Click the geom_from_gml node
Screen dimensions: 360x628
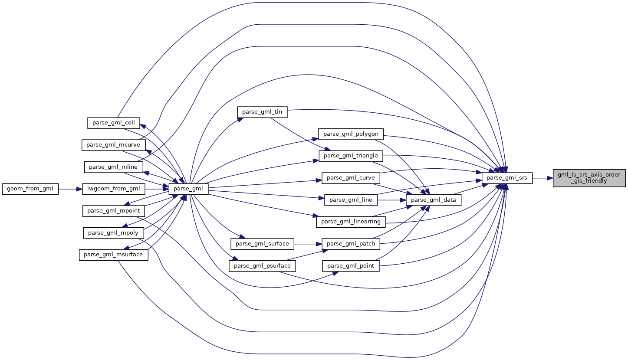(x=30, y=189)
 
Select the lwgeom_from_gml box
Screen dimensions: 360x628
(x=114, y=189)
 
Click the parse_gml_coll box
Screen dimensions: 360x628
(x=113, y=123)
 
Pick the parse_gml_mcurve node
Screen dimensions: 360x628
(x=113, y=145)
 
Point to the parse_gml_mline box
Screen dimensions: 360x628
(x=113, y=167)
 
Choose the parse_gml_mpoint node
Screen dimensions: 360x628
(x=113, y=211)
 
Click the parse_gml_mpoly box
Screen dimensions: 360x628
(x=113, y=233)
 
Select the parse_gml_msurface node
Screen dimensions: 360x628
(x=113, y=255)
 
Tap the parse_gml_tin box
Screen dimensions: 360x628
(x=262, y=112)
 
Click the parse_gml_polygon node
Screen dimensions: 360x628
(x=351, y=134)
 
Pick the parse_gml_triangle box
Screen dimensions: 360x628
(x=351, y=156)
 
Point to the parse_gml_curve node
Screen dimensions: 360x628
(x=351, y=178)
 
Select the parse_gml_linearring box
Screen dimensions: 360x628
(x=351, y=222)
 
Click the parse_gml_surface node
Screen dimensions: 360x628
(x=262, y=244)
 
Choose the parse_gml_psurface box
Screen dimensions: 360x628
(x=262, y=265)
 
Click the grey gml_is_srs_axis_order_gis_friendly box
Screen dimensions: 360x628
(x=589, y=178)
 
